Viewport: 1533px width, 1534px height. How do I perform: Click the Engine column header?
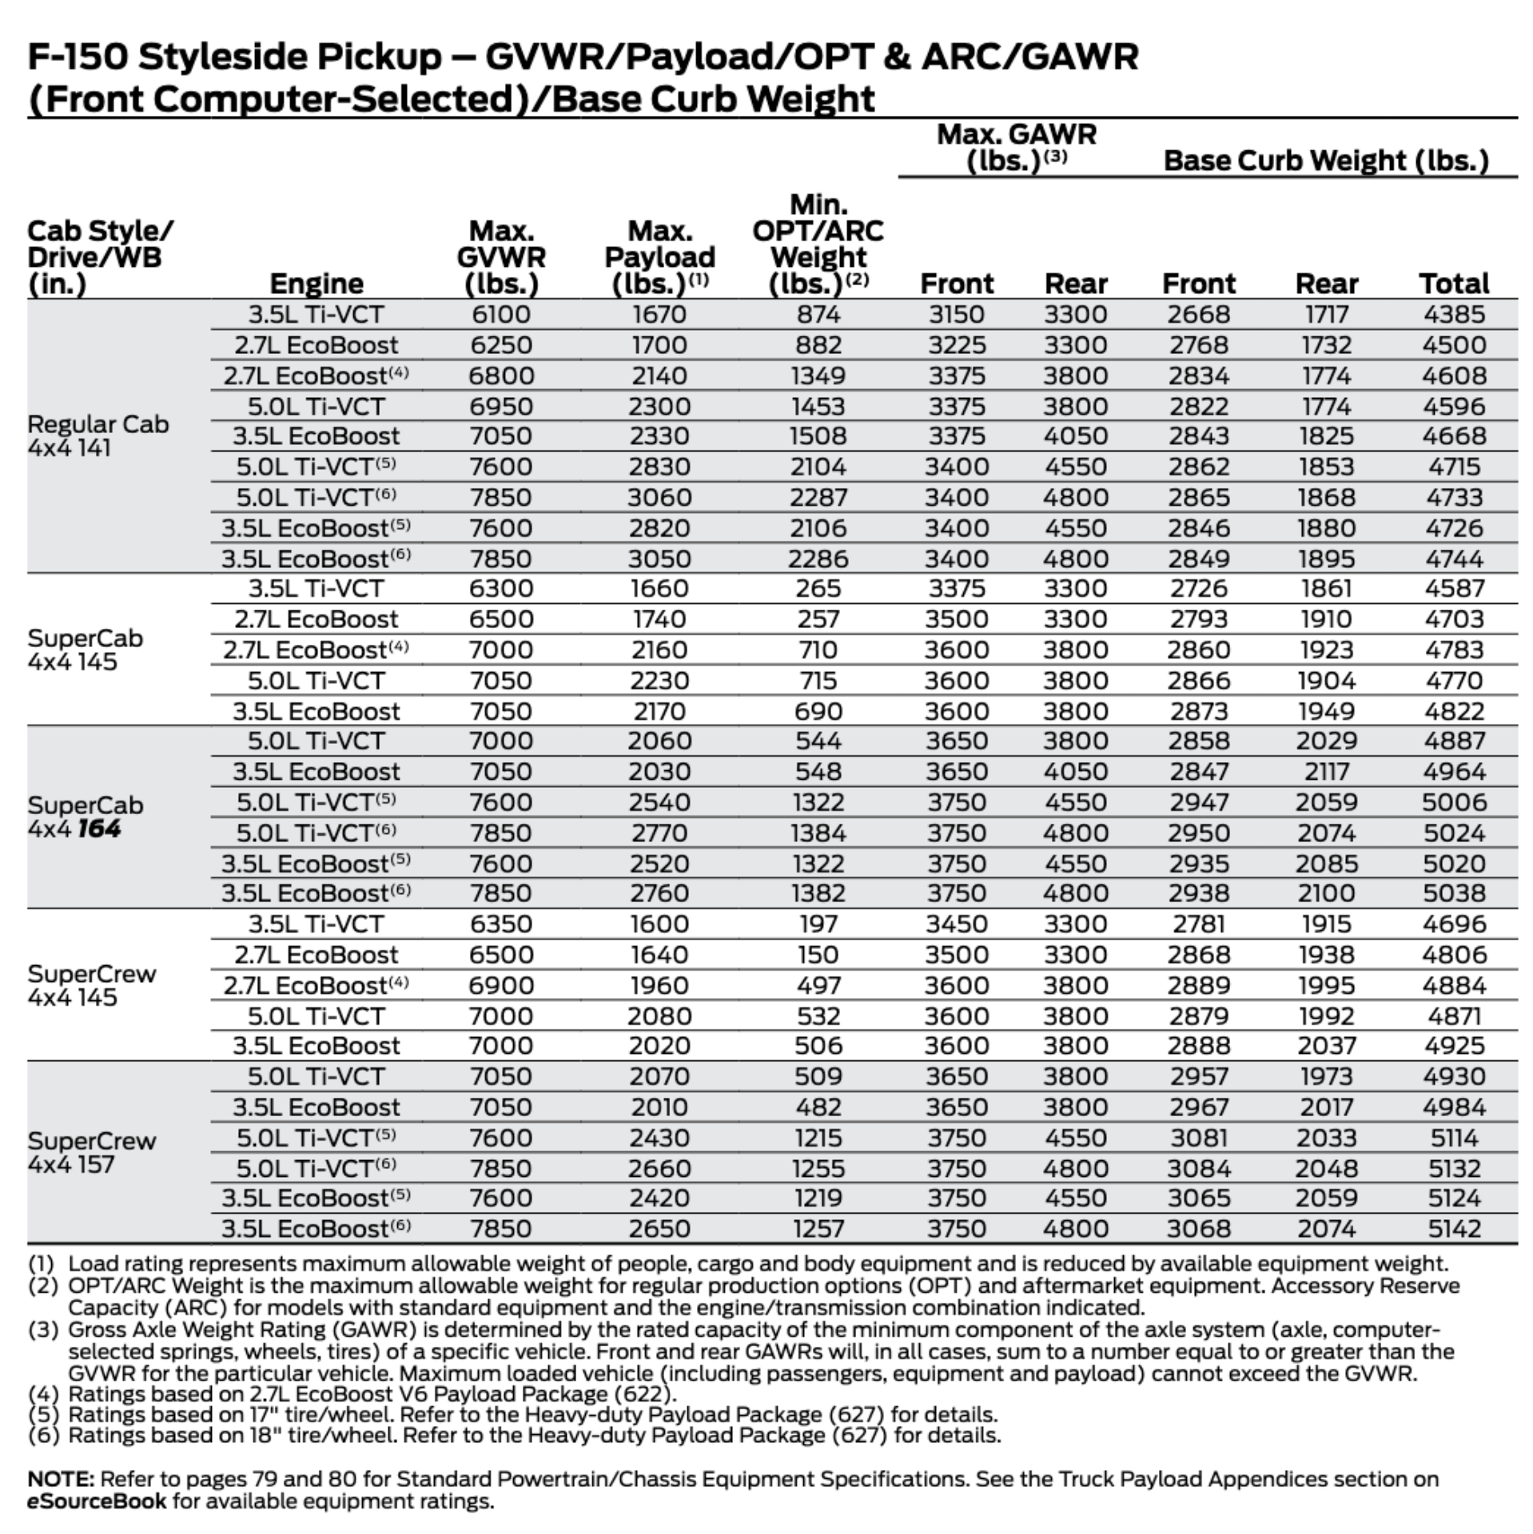(x=317, y=284)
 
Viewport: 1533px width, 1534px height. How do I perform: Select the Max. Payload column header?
(x=659, y=257)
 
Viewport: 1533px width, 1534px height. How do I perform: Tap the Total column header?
(x=1454, y=284)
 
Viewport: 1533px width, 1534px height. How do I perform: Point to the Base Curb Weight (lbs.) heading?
(x=1326, y=161)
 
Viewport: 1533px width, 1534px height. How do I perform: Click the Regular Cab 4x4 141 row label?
(x=98, y=435)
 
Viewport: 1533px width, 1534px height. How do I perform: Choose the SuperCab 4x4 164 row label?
(x=86, y=817)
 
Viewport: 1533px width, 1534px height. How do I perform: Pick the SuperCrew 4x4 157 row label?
(x=92, y=1152)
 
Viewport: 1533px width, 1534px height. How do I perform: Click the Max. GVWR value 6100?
(x=500, y=315)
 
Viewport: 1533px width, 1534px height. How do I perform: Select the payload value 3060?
(x=659, y=498)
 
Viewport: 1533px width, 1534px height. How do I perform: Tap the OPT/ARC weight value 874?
(x=818, y=315)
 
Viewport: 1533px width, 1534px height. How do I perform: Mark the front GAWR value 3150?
(x=956, y=315)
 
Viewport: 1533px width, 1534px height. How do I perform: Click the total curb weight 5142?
(x=1454, y=1229)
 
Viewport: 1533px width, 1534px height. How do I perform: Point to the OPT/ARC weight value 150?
(x=818, y=955)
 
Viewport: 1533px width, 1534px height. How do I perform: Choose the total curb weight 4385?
(x=1454, y=315)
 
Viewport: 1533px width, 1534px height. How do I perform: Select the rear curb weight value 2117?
(x=1326, y=772)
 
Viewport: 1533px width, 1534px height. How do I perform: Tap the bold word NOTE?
(x=61, y=1479)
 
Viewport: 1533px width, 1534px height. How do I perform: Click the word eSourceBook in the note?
(x=97, y=1501)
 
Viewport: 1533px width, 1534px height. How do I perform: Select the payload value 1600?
(x=659, y=924)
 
